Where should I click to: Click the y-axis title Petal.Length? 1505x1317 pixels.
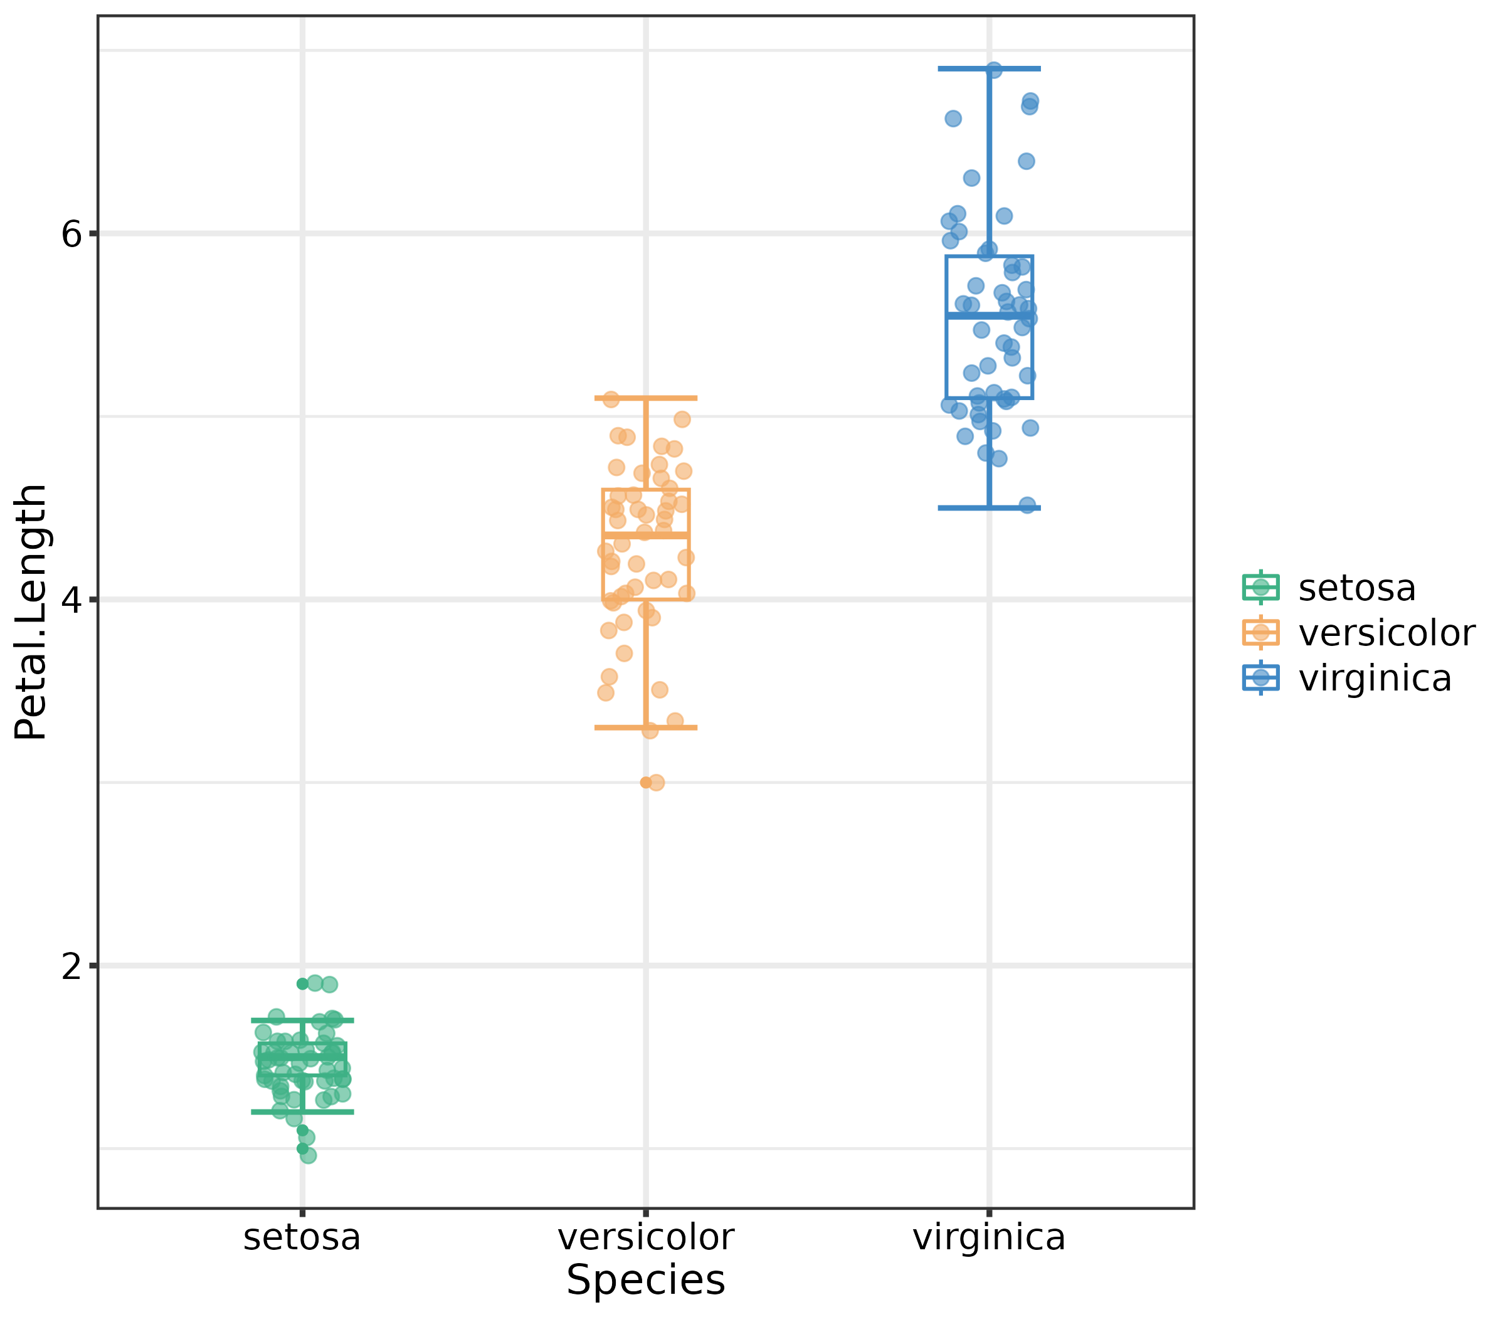[x=31, y=611]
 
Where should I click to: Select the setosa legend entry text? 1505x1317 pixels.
[x=1357, y=588]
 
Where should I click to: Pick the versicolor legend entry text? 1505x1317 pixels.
[x=1387, y=633]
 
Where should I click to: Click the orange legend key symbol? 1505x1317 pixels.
[x=1261, y=633]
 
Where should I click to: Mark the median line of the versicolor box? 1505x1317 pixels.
[x=646, y=534]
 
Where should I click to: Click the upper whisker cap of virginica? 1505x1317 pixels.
[x=989, y=68]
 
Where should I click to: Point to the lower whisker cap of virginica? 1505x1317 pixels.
[x=989, y=508]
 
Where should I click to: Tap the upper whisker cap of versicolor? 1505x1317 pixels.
[x=646, y=398]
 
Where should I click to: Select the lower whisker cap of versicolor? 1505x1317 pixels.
[x=646, y=727]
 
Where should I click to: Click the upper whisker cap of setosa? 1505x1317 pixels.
[x=302, y=1020]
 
